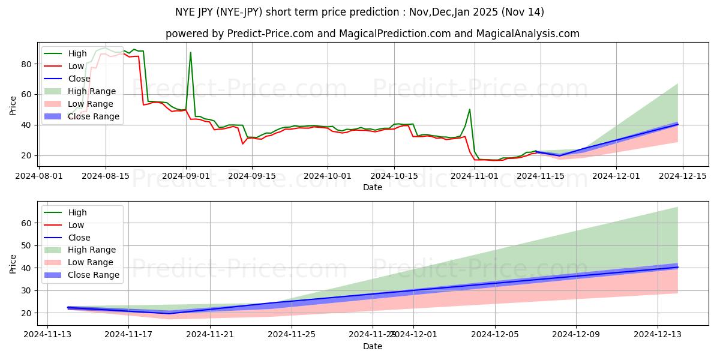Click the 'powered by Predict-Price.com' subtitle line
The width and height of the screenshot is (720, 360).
tap(372, 34)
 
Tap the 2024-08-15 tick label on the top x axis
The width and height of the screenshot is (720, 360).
tap(106, 176)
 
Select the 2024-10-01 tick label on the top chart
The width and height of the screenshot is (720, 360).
tap(328, 176)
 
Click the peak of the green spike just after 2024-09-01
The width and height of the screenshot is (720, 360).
tap(191, 53)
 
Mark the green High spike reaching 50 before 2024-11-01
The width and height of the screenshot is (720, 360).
tap(470, 109)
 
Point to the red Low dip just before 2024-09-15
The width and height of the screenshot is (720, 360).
tap(243, 143)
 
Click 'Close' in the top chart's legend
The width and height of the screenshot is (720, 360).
tap(80, 79)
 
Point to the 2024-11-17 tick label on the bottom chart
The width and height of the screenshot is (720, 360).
tap(128, 334)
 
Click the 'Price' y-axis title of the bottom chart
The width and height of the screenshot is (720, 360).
tap(13, 263)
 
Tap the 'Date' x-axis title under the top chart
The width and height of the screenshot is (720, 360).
tap(372, 187)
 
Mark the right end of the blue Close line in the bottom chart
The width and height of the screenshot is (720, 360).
tap(677, 267)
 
